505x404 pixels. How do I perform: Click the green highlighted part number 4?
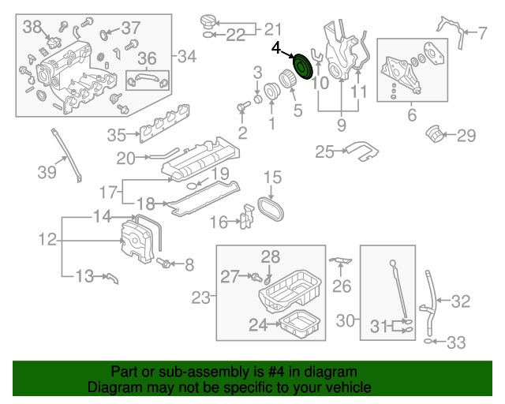302,66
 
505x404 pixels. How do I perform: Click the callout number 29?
466,135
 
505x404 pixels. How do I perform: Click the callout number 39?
47,172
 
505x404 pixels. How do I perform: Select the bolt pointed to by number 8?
163,263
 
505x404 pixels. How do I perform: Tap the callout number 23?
200,297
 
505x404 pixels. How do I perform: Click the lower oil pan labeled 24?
300,324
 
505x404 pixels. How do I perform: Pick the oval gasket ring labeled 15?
271,209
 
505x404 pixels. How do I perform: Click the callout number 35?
116,135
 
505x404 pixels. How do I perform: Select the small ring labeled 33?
428,341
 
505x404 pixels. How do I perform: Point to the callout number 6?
412,115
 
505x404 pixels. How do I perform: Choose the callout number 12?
47,240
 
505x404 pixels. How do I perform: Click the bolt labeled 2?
243,107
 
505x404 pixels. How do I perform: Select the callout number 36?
147,58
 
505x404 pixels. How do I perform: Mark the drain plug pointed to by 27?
256,277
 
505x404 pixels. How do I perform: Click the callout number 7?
482,33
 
